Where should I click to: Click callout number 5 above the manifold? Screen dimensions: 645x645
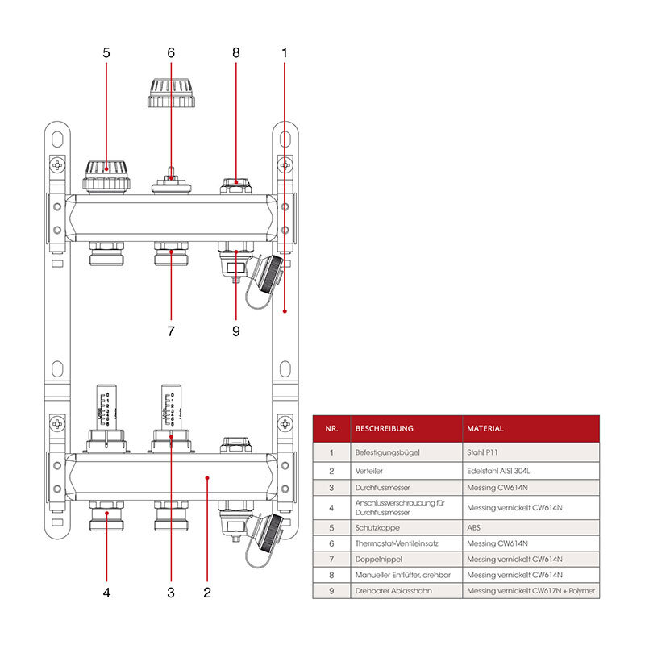(106, 53)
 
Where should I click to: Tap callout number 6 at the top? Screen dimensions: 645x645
(171, 53)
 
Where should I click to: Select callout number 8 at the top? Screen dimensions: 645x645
(236, 53)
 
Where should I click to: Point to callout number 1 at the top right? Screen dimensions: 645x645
(285, 53)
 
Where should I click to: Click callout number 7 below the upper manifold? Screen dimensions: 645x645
(171, 331)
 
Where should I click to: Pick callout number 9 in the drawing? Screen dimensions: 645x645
(235, 331)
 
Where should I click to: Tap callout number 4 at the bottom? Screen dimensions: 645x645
(106, 593)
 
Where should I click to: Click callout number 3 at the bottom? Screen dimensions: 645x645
(171, 593)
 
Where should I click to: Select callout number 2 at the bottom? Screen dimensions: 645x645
(207, 593)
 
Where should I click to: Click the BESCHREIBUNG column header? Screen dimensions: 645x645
(384, 429)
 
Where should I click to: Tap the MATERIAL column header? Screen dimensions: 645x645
(485, 429)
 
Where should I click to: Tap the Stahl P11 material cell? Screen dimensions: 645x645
(484, 452)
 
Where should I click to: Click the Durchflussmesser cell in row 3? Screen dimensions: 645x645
(384, 488)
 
